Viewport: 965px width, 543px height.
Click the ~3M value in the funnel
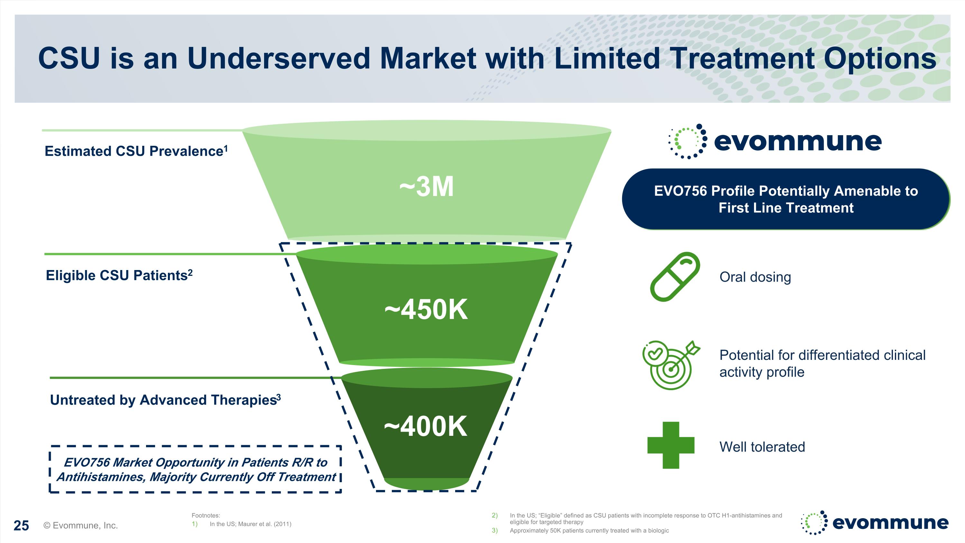click(426, 187)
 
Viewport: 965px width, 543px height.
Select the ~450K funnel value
click(426, 310)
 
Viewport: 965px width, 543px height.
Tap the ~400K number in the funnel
click(426, 426)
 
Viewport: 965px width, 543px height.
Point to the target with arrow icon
click(671, 365)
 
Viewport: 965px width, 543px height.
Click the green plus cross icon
click(671, 445)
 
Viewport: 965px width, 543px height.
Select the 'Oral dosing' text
click(755, 277)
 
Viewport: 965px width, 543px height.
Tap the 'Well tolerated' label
click(762, 447)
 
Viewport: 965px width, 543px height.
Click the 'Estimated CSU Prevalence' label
click(136, 151)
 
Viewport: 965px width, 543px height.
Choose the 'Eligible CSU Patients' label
click(119, 275)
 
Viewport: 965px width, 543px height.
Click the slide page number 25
click(21, 525)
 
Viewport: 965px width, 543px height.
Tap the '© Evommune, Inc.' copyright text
click(80, 525)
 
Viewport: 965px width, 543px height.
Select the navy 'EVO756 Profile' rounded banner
click(786, 199)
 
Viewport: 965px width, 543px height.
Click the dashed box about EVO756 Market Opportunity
click(196, 469)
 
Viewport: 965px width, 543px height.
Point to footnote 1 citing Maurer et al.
click(250, 524)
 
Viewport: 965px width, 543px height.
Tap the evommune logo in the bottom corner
click(874, 522)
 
